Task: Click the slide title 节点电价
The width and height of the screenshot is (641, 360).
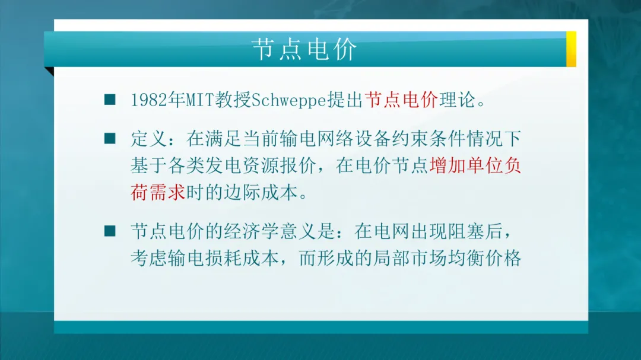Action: [304, 49]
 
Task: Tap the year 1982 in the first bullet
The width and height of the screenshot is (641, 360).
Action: [149, 100]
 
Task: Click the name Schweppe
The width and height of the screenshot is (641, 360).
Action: [288, 100]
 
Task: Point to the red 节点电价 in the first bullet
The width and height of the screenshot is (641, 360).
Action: [401, 100]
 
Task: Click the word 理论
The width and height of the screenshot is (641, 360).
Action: [457, 100]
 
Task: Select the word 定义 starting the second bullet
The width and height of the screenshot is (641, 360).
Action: [149, 139]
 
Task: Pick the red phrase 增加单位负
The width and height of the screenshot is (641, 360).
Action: [475, 166]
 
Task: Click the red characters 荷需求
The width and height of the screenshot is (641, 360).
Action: [158, 193]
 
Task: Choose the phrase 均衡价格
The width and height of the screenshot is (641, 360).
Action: [485, 258]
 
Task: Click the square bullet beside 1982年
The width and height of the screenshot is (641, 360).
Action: [110, 99]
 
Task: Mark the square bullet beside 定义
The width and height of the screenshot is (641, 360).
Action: [110, 139]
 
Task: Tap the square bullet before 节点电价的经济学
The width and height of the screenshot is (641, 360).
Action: [110, 231]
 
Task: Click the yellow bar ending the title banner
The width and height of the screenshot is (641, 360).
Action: [571, 49]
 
